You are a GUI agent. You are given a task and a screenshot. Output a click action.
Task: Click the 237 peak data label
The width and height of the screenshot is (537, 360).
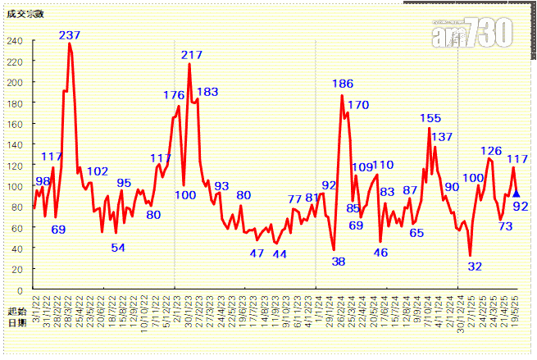point(70,35)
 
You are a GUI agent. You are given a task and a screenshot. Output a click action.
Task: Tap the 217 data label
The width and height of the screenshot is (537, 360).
point(192,55)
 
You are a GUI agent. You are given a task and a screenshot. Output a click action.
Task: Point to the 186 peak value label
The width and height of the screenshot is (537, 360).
point(343,84)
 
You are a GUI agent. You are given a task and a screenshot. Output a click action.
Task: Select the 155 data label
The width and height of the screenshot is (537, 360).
point(430,119)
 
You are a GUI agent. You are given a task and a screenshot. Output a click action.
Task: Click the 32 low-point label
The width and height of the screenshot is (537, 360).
point(475,267)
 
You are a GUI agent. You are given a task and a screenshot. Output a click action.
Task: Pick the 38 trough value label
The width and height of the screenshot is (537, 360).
point(339,262)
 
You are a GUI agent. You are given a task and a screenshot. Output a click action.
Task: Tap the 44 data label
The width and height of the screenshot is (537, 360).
point(280,254)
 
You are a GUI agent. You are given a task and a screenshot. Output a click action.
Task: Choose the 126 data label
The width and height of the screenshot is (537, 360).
point(491,151)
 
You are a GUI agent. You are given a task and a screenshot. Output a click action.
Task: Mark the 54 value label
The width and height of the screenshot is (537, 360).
point(118,248)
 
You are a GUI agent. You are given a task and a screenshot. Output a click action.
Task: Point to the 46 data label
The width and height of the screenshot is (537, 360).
point(380,253)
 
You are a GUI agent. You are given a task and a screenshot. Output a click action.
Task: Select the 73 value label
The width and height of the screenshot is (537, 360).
point(506,226)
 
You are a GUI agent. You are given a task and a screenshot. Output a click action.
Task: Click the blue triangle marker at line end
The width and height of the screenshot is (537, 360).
point(516,194)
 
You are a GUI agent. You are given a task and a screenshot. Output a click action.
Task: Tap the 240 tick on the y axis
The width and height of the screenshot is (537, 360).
point(15,41)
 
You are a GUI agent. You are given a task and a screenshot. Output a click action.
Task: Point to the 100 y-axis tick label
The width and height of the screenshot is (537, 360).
point(15,186)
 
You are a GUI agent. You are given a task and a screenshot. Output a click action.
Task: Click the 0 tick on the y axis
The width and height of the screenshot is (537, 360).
point(20,290)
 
